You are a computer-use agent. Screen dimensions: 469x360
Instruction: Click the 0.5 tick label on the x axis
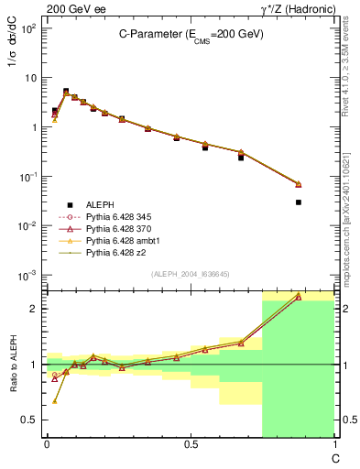(190, 444)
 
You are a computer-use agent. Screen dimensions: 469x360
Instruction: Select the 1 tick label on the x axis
(333, 444)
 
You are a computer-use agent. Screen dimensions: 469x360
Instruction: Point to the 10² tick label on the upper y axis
(27, 28)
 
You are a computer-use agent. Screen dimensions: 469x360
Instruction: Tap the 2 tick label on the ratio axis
(33, 309)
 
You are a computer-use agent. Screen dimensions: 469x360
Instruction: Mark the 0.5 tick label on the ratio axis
(29, 420)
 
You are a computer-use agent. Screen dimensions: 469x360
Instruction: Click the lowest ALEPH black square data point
(299, 202)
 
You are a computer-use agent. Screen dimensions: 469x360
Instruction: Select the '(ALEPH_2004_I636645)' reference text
(191, 274)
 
